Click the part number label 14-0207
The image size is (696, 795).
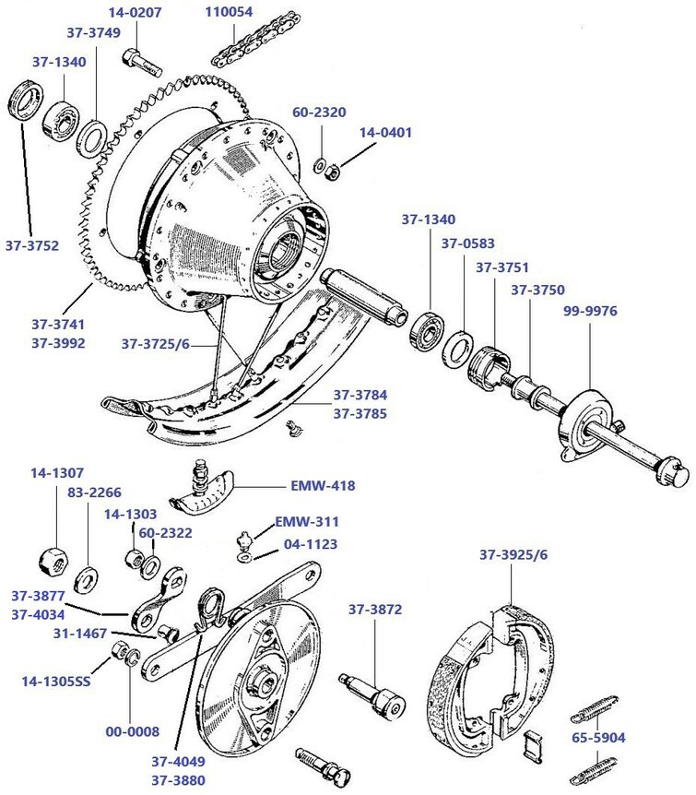(x=135, y=13)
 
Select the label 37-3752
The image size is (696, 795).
(x=33, y=245)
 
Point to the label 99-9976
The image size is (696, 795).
(x=591, y=311)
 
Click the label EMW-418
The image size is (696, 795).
(x=324, y=485)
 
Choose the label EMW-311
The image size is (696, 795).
(x=301, y=522)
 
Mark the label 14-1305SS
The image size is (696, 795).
(x=57, y=682)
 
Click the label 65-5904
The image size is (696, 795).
(x=624, y=738)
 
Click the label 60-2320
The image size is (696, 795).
(x=319, y=113)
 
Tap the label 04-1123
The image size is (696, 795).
(x=310, y=544)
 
